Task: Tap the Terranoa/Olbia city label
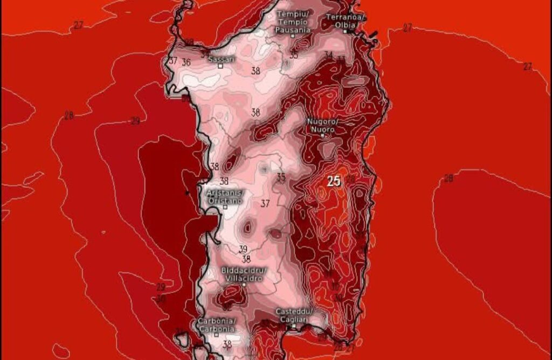[x=346, y=21]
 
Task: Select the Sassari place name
[x=221, y=59]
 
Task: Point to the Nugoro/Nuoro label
[x=322, y=125]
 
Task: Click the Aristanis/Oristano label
[x=225, y=196]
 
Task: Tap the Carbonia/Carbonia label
[x=216, y=324]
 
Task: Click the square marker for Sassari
[x=220, y=66]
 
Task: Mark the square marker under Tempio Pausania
[x=293, y=36]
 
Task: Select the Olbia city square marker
[x=346, y=31]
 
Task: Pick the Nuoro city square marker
[x=322, y=135]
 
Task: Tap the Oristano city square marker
[x=225, y=207]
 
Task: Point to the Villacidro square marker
[x=244, y=284]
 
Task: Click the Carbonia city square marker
[x=216, y=335]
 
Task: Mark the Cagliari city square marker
[x=294, y=326]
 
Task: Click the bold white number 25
[x=334, y=182]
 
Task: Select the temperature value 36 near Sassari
[x=186, y=63]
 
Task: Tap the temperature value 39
[x=243, y=249]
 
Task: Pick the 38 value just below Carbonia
[x=227, y=344]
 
